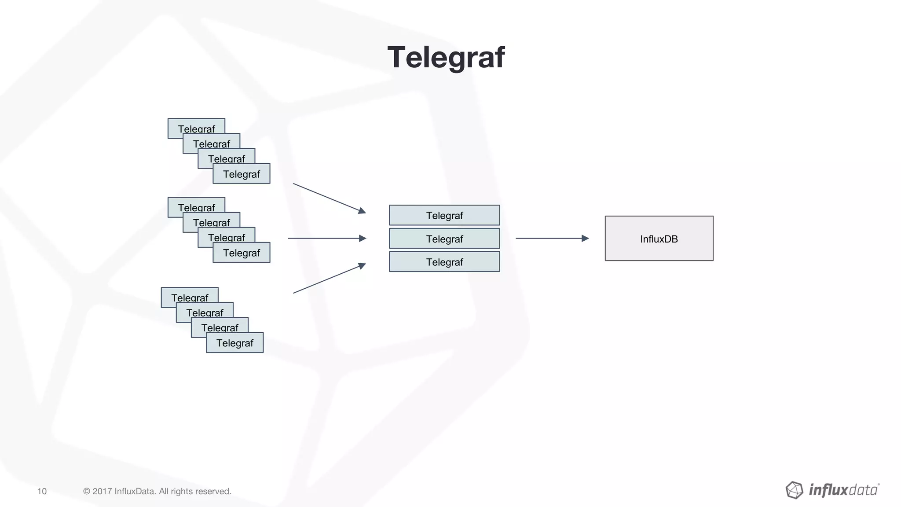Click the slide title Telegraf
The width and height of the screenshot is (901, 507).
pyautogui.click(x=446, y=57)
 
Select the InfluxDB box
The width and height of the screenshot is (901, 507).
pyautogui.click(x=659, y=239)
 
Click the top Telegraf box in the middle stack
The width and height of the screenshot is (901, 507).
pyautogui.click(x=444, y=215)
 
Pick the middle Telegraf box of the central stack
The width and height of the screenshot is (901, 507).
pyautogui.click(x=444, y=239)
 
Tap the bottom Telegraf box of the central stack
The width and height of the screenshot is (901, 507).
pyautogui.click(x=444, y=262)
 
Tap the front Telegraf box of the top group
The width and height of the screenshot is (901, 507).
pyautogui.click(x=241, y=174)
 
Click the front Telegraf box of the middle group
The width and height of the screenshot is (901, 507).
pyautogui.click(x=241, y=253)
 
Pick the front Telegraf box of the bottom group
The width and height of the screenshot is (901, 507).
pyautogui.click(x=234, y=343)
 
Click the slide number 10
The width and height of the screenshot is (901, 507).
pyautogui.click(x=42, y=491)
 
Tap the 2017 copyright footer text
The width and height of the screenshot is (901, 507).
pyautogui.click(x=157, y=491)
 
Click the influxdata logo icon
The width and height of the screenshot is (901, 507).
pyautogui.click(x=794, y=490)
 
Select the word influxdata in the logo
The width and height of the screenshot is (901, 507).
pyautogui.click(x=843, y=490)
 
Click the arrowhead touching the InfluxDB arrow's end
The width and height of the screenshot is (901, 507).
pyautogui.click(x=585, y=238)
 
